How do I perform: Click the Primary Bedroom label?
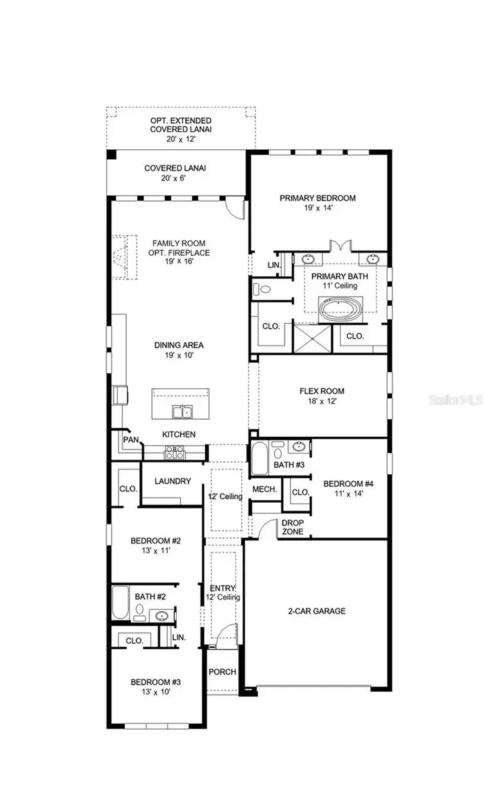[317, 198]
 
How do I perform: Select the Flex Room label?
[321, 392]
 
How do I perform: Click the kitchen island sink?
[180, 412]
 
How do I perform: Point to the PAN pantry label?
[130, 440]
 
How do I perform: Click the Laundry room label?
[173, 481]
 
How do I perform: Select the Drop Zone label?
[292, 527]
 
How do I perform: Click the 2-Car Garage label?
[316, 611]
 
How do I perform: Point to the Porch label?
[222, 671]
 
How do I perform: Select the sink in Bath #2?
[161, 616]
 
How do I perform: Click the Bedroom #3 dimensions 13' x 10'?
[155, 692]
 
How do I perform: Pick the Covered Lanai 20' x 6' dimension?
[175, 178]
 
